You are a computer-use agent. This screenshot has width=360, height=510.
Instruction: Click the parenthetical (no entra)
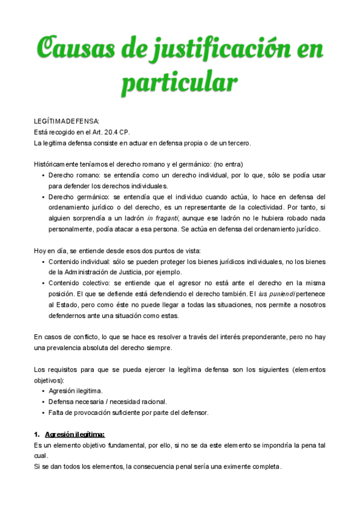230,164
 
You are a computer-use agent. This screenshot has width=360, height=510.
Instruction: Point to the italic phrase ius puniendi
277,294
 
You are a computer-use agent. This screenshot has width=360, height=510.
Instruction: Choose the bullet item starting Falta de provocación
128,413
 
